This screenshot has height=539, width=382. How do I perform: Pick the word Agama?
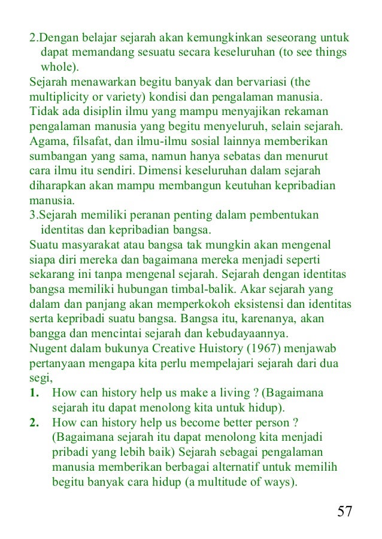48,141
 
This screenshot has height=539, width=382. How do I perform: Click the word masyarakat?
90,246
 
